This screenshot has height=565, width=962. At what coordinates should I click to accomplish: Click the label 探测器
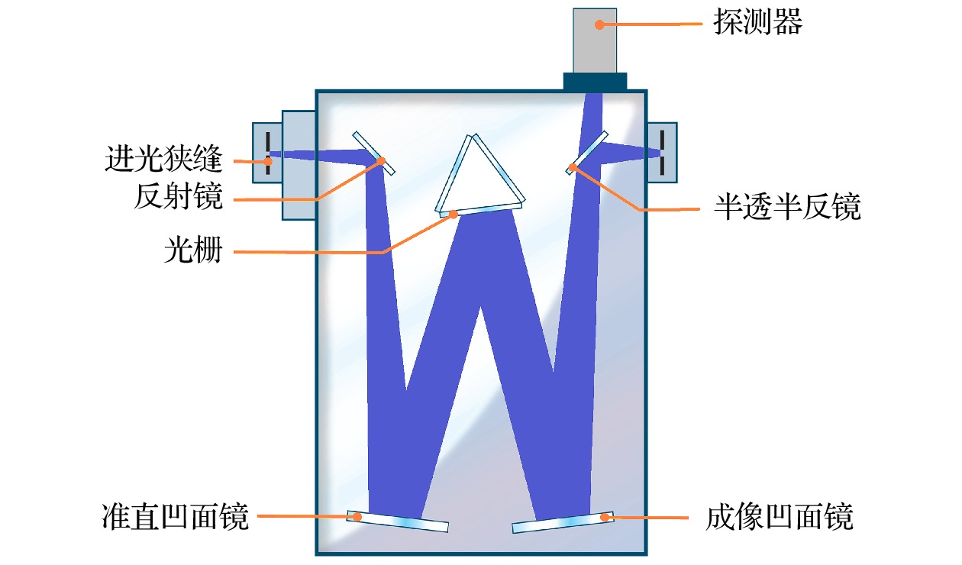757,24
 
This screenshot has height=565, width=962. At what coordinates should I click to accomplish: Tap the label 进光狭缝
163,161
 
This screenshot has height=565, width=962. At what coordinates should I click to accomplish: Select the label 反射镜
178,198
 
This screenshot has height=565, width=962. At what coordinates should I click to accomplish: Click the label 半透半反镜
787,207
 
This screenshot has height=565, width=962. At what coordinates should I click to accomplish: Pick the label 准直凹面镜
175,517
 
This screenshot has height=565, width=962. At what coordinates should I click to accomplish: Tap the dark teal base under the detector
595,81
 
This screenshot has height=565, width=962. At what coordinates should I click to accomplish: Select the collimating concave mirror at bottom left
398,521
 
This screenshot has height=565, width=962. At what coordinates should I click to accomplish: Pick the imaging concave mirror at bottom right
563,521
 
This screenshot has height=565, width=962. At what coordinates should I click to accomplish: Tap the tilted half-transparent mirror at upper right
588,152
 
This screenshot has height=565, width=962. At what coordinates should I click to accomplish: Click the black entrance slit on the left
268,153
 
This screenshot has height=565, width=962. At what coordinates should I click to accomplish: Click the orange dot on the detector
600,24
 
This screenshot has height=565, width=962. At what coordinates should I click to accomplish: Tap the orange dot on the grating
454,215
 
